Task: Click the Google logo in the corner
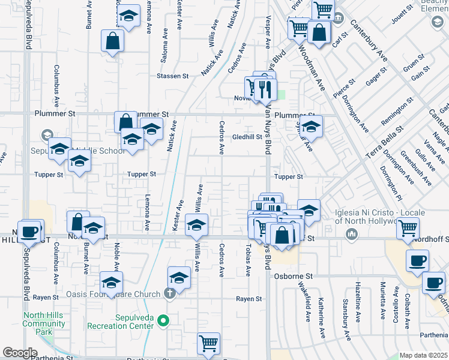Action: click(20, 353)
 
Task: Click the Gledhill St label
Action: click(247, 136)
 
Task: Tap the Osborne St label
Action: click(294, 276)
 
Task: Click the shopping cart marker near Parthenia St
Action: click(208, 344)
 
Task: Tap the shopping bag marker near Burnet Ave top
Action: click(112, 41)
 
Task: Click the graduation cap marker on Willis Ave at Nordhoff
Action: click(196, 226)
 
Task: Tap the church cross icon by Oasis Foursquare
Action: click(170, 293)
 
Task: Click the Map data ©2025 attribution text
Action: click(423, 355)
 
